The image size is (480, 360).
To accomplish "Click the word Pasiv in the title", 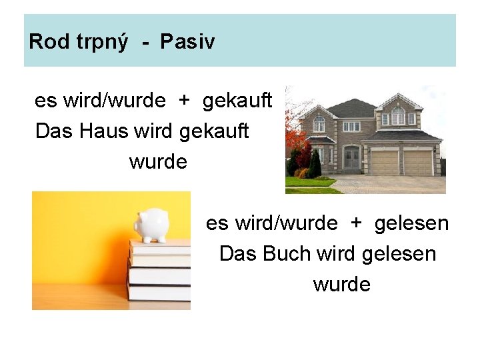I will pyautogui.click(x=187, y=42).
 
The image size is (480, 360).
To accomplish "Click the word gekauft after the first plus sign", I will pyautogui.click(x=237, y=101).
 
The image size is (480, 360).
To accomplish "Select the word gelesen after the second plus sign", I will pyautogui.click(x=411, y=223).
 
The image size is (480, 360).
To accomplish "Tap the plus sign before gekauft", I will pyautogui.click(x=183, y=101).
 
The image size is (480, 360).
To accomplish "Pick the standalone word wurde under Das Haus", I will pyautogui.click(x=158, y=162).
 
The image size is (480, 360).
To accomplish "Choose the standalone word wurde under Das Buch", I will pyautogui.click(x=341, y=285).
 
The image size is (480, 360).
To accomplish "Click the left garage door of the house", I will pyautogui.click(x=383, y=162).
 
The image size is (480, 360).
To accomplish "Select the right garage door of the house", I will pyautogui.click(x=417, y=162).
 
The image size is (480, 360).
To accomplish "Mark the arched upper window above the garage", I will pyautogui.click(x=398, y=117).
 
